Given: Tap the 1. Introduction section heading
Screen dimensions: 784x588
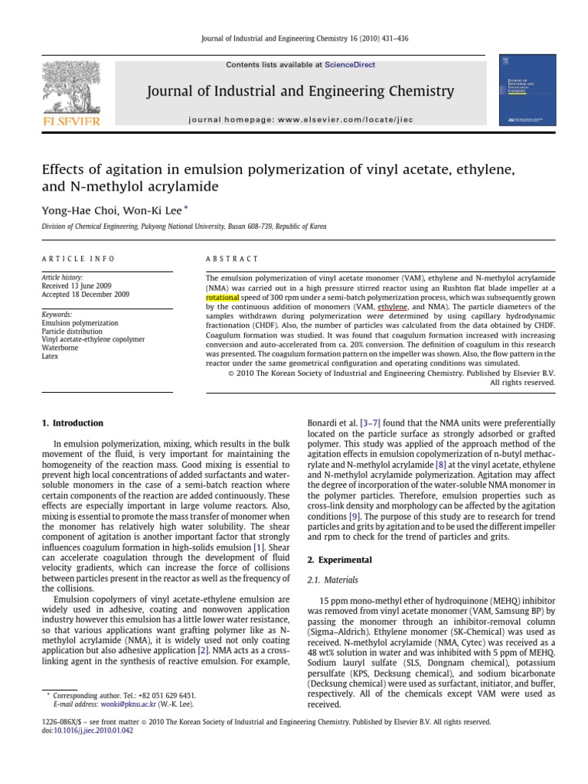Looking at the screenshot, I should click(x=71, y=423).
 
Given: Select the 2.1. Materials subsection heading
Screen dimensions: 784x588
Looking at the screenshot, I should click(x=335, y=580).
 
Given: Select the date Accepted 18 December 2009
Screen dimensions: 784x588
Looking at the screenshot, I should click(x=85, y=294).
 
